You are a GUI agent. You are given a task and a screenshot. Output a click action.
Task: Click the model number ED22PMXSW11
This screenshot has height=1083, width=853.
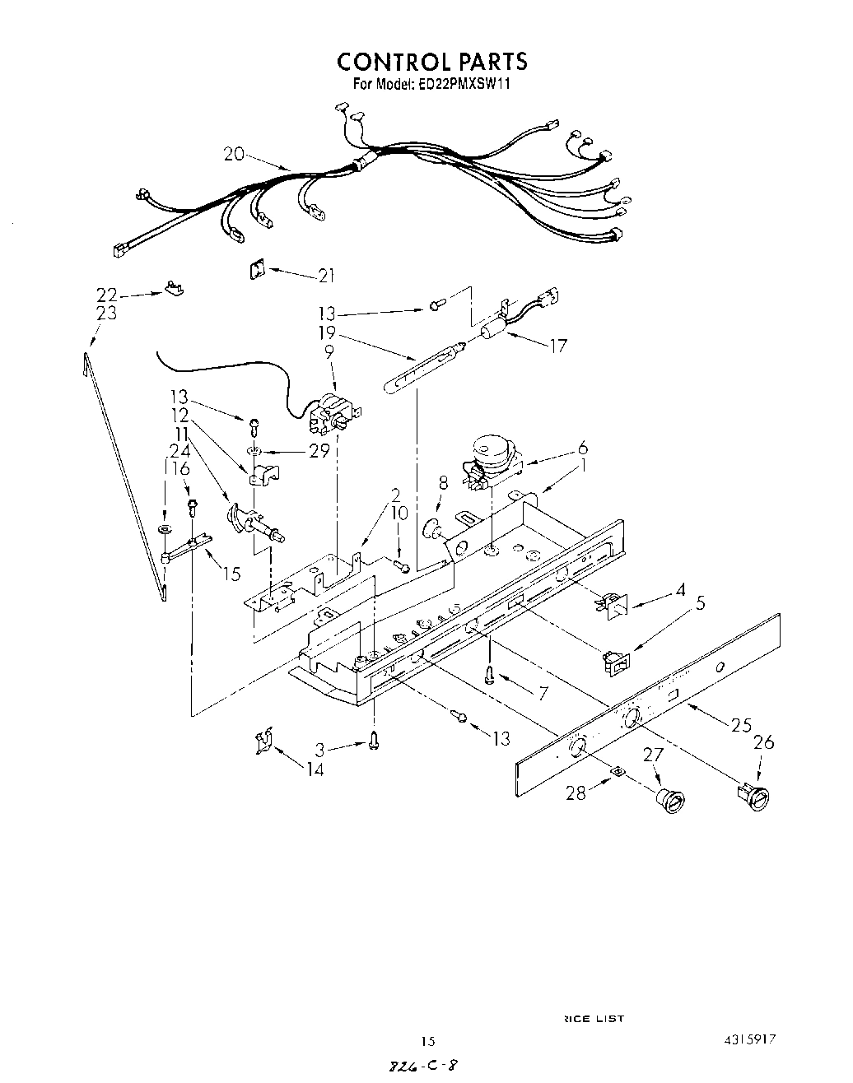[463, 83]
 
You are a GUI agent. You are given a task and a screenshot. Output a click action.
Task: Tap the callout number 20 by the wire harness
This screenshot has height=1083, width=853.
[234, 154]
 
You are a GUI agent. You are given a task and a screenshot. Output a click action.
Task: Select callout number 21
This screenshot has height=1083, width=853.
[327, 276]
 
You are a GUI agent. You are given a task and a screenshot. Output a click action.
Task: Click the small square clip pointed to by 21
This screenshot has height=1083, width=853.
[256, 268]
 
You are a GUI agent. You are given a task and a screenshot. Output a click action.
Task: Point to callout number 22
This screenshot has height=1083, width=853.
[107, 295]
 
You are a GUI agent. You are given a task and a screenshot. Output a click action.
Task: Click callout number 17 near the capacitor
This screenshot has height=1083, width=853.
[558, 346]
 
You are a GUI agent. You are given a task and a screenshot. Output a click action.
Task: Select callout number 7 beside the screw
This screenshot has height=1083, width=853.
[543, 693]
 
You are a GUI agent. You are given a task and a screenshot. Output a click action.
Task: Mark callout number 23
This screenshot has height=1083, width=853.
[107, 314]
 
